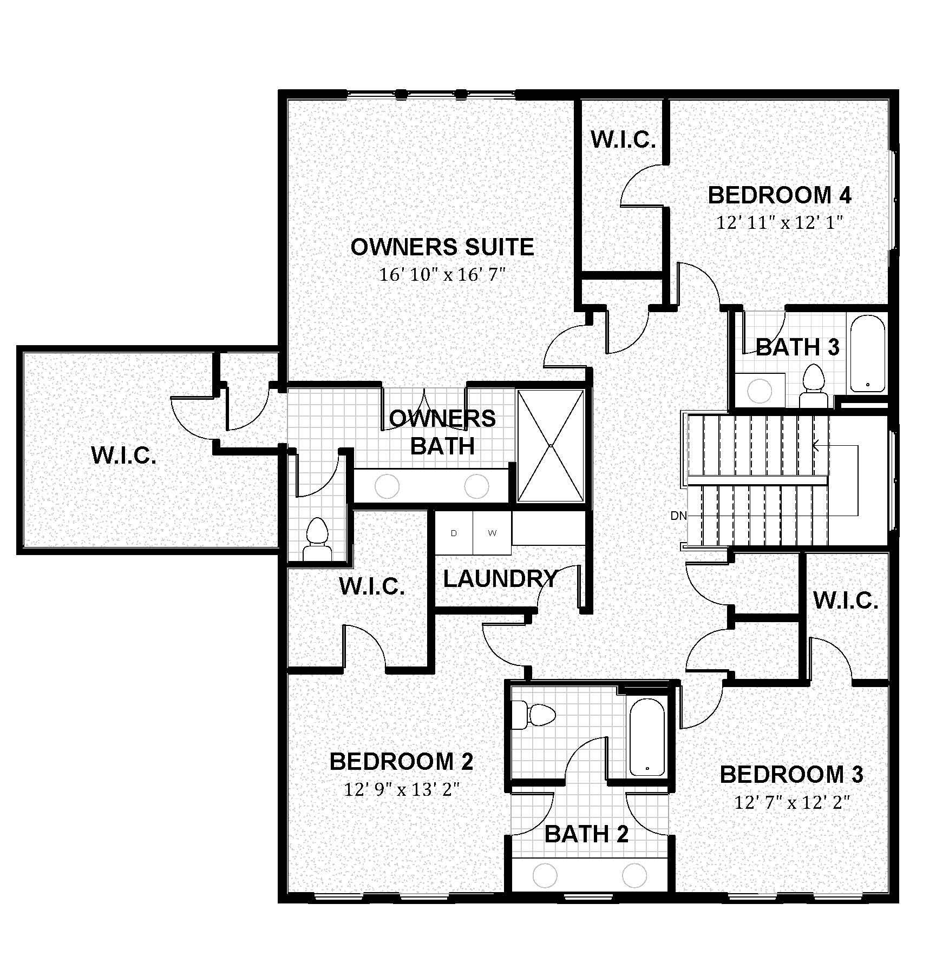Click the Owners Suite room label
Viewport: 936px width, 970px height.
point(442,247)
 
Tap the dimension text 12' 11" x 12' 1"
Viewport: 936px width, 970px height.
point(780,222)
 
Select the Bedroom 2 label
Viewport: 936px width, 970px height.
point(401,762)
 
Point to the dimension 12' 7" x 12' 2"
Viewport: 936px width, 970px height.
point(791,802)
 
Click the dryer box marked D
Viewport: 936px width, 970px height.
point(454,533)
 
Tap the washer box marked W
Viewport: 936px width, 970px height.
point(492,533)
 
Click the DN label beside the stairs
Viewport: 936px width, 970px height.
point(678,516)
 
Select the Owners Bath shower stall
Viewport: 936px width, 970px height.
point(551,446)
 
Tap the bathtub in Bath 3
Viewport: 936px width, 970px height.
point(868,354)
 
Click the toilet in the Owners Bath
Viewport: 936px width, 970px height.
point(317,539)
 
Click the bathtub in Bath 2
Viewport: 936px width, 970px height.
point(647,737)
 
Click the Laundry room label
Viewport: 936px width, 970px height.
point(500,579)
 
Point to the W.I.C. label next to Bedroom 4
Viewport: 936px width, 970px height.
point(623,140)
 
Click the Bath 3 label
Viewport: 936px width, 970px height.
point(797,347)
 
